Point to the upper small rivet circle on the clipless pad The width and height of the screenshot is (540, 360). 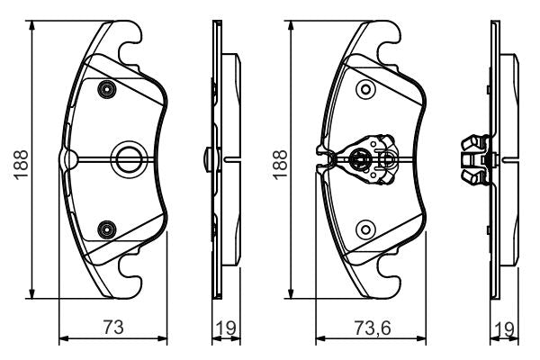click(x=108, y=88)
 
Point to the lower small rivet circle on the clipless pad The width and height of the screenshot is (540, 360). click(x=108, y=229)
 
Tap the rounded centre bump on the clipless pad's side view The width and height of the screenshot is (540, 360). click(x=209, y=158)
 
